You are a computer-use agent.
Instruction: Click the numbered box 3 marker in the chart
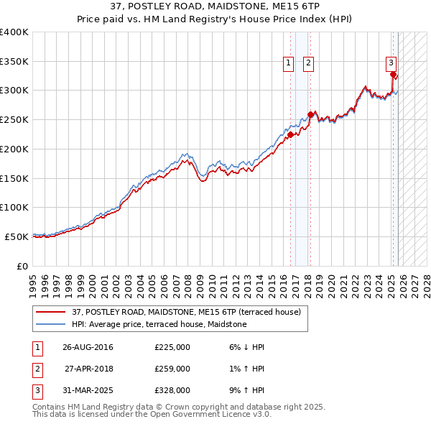[391, 63]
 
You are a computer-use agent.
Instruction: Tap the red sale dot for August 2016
[290, 134]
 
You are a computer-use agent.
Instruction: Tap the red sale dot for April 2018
[310, 114]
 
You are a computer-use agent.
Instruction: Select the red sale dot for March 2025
[393, 74]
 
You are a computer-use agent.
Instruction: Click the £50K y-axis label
[17, 236]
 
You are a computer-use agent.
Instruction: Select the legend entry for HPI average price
[159, 325]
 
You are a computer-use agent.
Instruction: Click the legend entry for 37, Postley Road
[186, 312]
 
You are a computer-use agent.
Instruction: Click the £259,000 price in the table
[172, 369]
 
